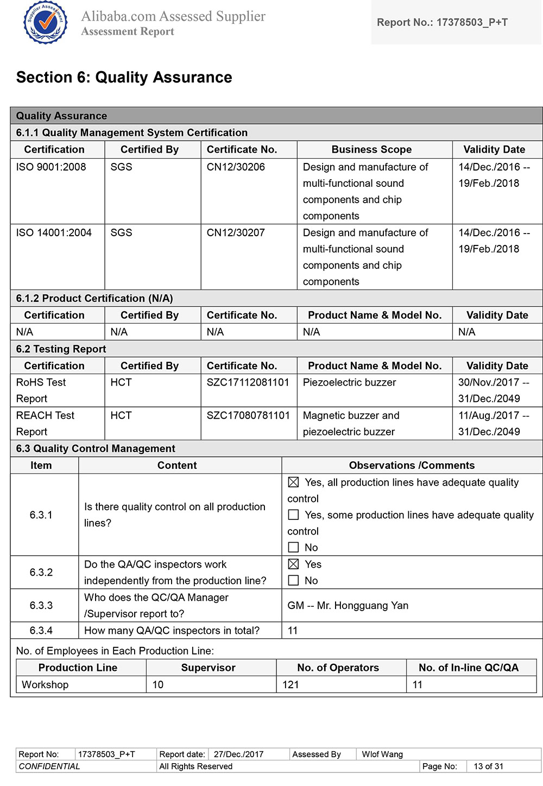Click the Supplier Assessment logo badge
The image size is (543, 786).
(45, 22)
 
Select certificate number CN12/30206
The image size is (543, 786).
(236, 167)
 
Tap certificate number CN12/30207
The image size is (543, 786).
(236, 232)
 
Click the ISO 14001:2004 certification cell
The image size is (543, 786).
(54, 232)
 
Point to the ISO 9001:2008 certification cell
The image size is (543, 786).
(51, 167)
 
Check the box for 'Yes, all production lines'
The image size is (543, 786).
(294, 482)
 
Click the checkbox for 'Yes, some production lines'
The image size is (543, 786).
(294, 514)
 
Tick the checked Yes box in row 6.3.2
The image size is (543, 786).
(294, 564)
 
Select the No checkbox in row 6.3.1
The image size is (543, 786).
(294, 547)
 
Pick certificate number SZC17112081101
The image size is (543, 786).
(248, 382)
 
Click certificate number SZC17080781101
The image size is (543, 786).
(248, 416)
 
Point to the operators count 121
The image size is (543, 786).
(291, 684)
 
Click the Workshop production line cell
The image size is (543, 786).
(45, 684)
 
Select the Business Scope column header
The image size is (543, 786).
(371, 149)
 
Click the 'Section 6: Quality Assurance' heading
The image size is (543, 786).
(124, 78)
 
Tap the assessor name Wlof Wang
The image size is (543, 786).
(382, 754)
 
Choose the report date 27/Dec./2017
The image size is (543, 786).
(238, 754)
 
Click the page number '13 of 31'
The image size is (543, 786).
(488, 766)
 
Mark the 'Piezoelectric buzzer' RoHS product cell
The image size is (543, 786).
(349, 382)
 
